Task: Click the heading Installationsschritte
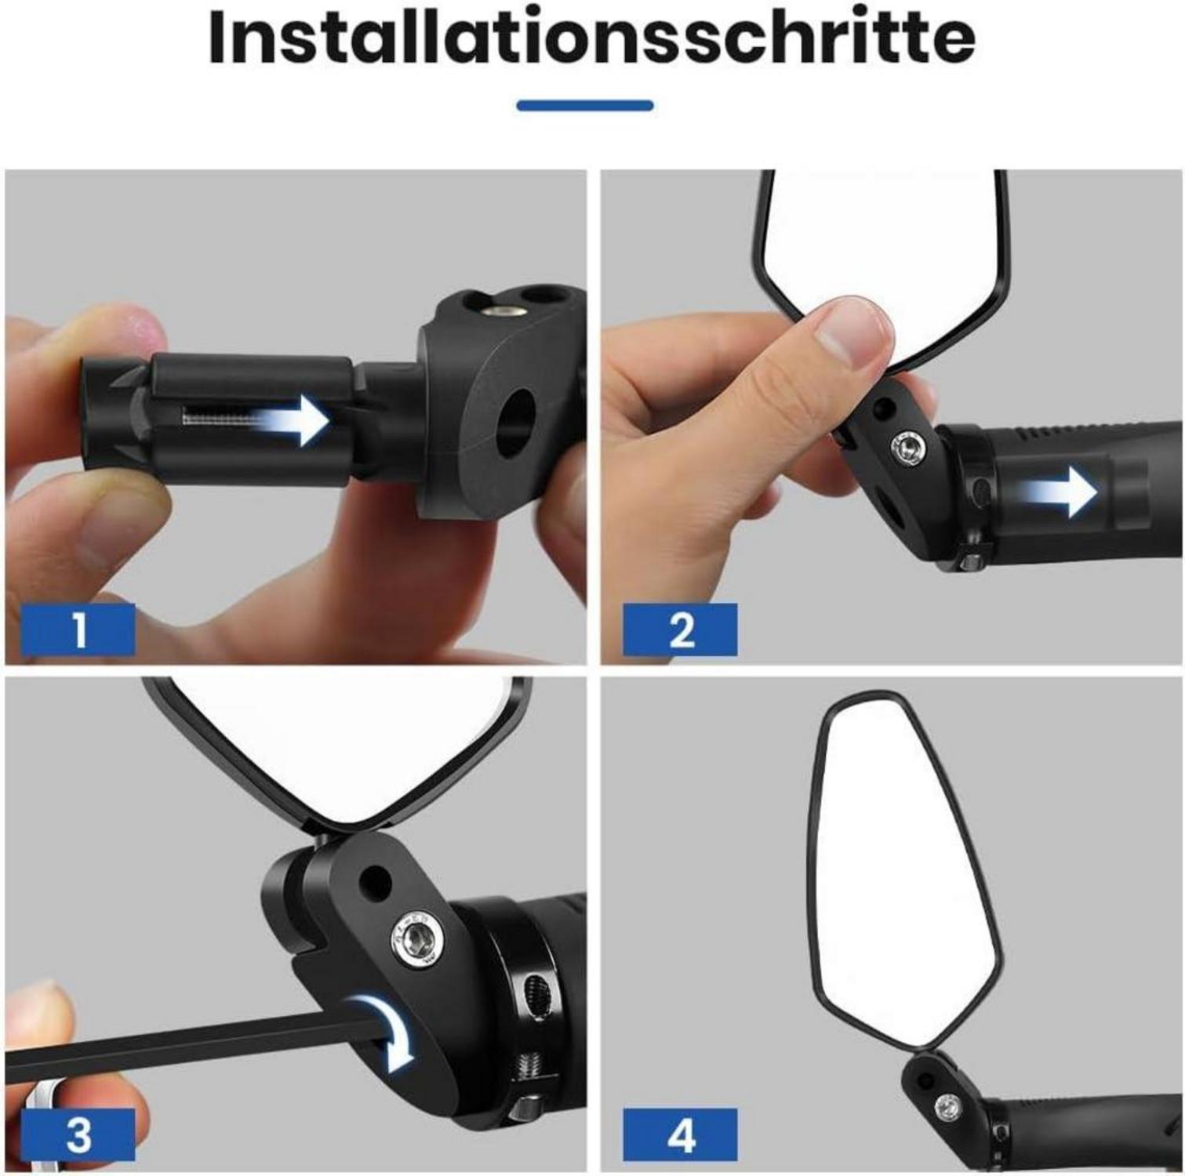[x=592, y=39]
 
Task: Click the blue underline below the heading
[x=585, y=105]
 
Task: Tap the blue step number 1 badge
[x=78, y=630]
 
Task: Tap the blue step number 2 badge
[x=680, y=630]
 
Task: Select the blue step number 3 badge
[x=78, y=1134]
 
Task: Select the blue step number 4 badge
[x=680, y=1134]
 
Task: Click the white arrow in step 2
[x=1059, y=493]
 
